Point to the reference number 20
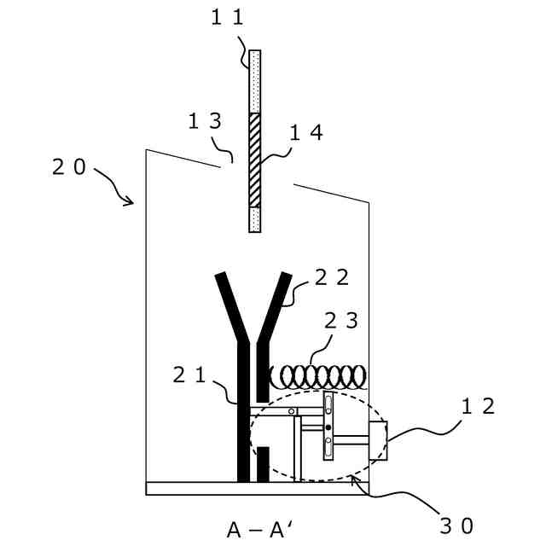point(69,168)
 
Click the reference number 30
point(456,525)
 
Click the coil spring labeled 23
point(319,375)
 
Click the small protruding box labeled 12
point(379,442)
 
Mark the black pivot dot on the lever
point(328,426)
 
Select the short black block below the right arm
point(264,463)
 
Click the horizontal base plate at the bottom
point(256,489)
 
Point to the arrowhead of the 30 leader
point(360,484)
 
